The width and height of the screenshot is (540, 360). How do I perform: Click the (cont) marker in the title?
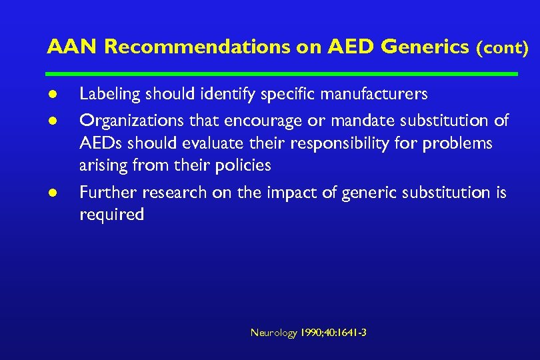click(x=502, y=48)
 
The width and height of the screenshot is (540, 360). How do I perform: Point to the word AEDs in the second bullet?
click(x=99, y=143)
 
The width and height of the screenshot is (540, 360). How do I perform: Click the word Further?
click(x=104, y=193)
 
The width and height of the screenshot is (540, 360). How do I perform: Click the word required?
click(x=111, y=215)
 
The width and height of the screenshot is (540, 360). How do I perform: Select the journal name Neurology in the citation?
click(x=273, y=332)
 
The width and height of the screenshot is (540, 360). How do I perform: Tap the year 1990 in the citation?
click(x=311, y=332)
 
